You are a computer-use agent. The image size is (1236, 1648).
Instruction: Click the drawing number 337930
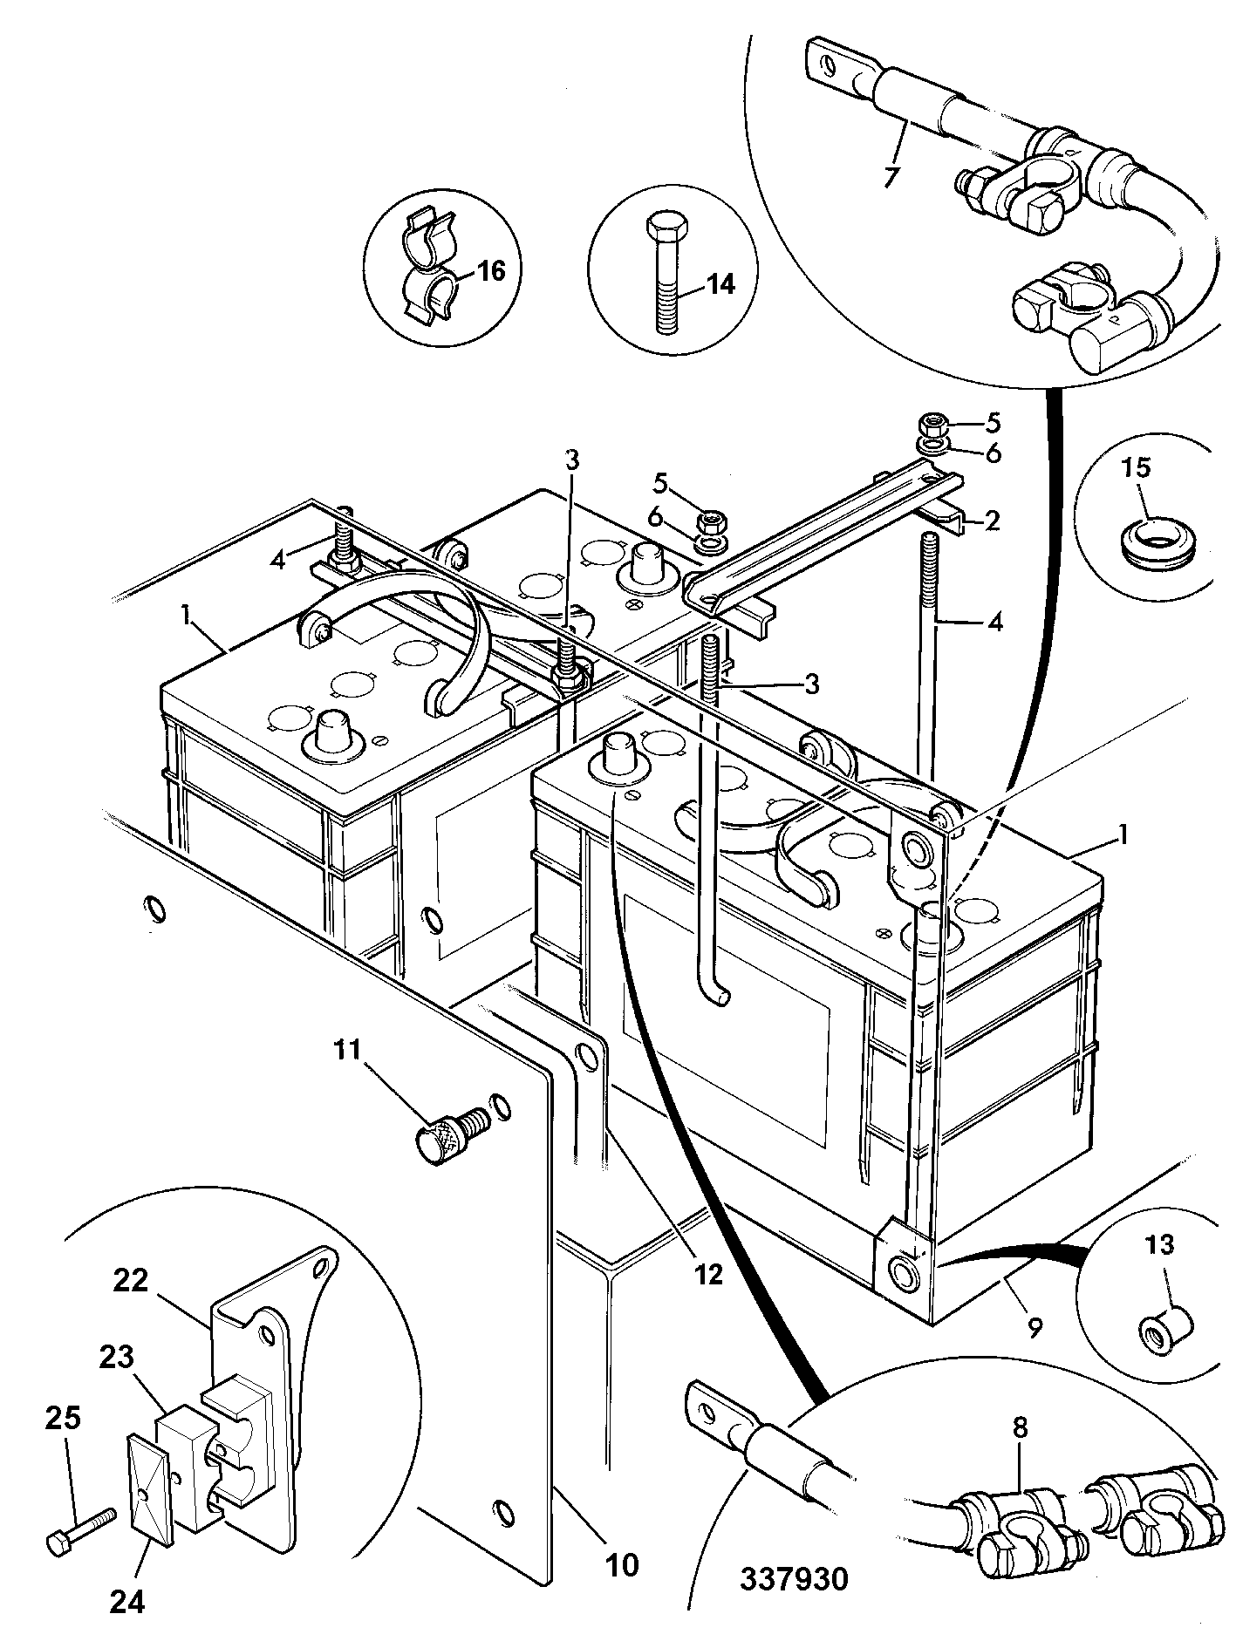[x=794, y=1579]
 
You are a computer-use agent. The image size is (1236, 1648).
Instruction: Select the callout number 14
[x=720, y=284]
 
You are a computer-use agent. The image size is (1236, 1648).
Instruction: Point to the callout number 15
[x=1136, y=467]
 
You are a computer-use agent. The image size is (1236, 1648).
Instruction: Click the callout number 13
[x=1160, y=1244]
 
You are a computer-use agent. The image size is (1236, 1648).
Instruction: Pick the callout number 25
[x=62, y=1420]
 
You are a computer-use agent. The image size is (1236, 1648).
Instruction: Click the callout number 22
[x=131, y=1282]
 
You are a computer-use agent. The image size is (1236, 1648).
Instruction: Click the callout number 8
[x=1021, y=1428]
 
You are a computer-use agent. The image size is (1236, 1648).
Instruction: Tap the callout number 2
[x=992, y=521]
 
